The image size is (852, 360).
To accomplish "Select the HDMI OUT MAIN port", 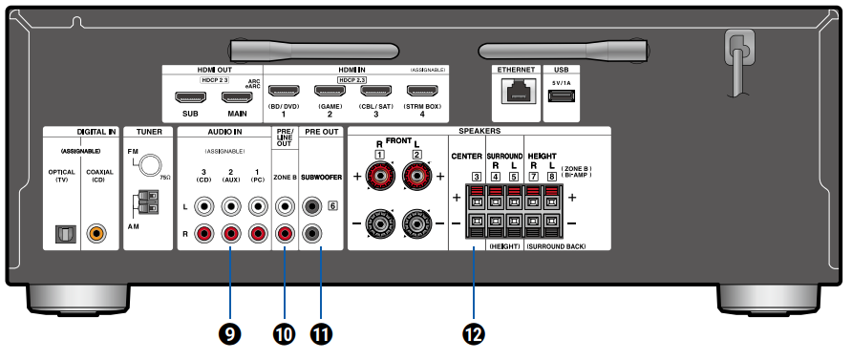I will [x=235, y=95].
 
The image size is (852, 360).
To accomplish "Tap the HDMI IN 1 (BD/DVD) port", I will [x=284, y=93].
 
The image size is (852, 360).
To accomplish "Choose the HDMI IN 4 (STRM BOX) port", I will [x=422, y=93].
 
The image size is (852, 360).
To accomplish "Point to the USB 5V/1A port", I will [x=561, y=96].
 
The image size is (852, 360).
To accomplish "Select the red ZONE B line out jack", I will [x=285, y=232].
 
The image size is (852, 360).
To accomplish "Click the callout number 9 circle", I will [x=230, y=332].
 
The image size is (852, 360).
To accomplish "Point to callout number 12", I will [x=473, y=332].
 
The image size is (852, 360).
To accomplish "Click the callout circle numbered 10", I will [x=285, y=332].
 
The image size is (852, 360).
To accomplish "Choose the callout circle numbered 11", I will [x=323, y=332].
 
